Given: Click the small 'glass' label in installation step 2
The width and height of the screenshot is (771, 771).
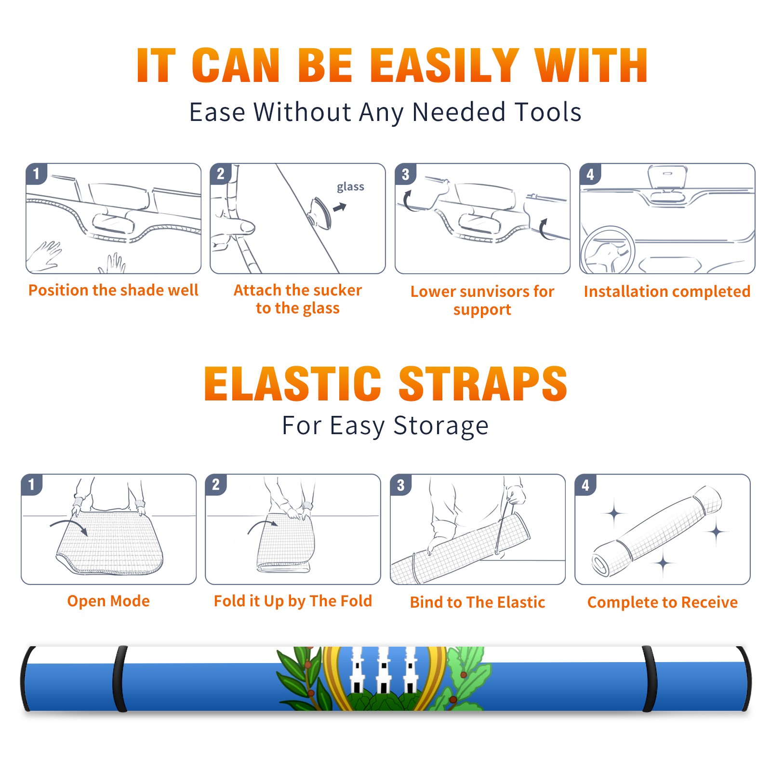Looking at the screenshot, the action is click(x=350, y=187).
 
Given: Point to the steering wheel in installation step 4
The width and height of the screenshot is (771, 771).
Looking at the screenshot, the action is click(x=607, y=250).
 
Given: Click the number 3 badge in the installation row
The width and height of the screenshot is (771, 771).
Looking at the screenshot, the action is click(x=405, y=174).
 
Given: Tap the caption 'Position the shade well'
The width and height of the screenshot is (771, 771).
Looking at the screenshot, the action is click(x=113, y=290).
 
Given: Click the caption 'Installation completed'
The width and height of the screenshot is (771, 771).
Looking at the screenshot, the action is click(x=667, y=291).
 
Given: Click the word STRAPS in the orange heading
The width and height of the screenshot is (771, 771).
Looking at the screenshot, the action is click(x=483, y=384).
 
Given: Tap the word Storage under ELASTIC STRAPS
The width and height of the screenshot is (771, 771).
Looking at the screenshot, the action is click(x=441, y=426).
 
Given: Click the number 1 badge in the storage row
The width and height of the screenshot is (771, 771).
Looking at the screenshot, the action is click(x=32, y=485).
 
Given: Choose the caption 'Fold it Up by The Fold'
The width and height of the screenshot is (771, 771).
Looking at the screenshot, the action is click(x=293, y=601).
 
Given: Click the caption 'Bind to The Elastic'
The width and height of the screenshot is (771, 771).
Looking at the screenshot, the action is click(x=478, y=602).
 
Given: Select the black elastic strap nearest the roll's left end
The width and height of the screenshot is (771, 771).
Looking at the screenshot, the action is click(x=120, y=679).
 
